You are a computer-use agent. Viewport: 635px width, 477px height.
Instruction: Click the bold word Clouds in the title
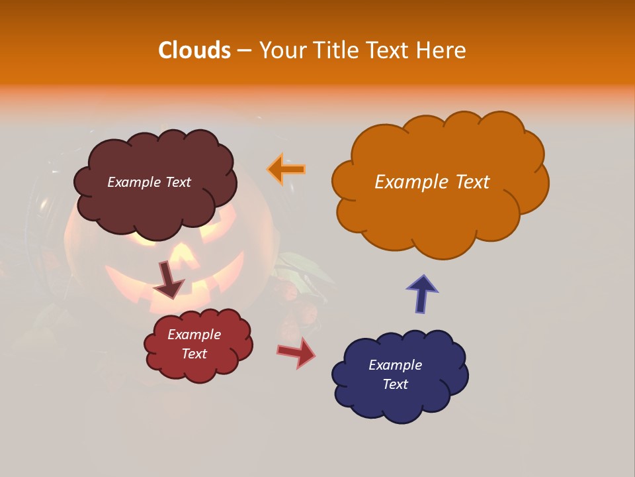tap(194, 50)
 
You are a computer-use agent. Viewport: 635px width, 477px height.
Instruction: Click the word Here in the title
tap(443, 50)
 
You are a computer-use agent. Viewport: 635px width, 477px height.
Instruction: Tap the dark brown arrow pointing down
tap(168, 279)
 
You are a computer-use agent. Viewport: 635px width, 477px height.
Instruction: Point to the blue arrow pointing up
tap(422, 292)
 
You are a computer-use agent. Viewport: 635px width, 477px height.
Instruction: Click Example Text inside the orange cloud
tap(432, 182)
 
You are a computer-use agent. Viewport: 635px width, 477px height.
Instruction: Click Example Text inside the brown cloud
tap(149, 182)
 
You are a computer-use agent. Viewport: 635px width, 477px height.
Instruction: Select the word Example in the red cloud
tap(194, 335)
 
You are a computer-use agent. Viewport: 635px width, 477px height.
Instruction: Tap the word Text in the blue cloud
tap(395, 384)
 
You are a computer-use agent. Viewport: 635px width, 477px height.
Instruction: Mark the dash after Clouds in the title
tap(243, 50)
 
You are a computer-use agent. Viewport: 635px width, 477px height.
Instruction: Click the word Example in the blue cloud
tap(395, 365)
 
